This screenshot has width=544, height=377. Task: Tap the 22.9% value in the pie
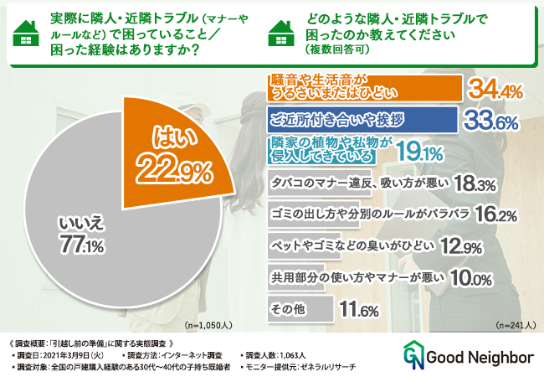180,171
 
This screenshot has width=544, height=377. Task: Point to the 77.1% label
81,245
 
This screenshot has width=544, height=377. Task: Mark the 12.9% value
452,247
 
